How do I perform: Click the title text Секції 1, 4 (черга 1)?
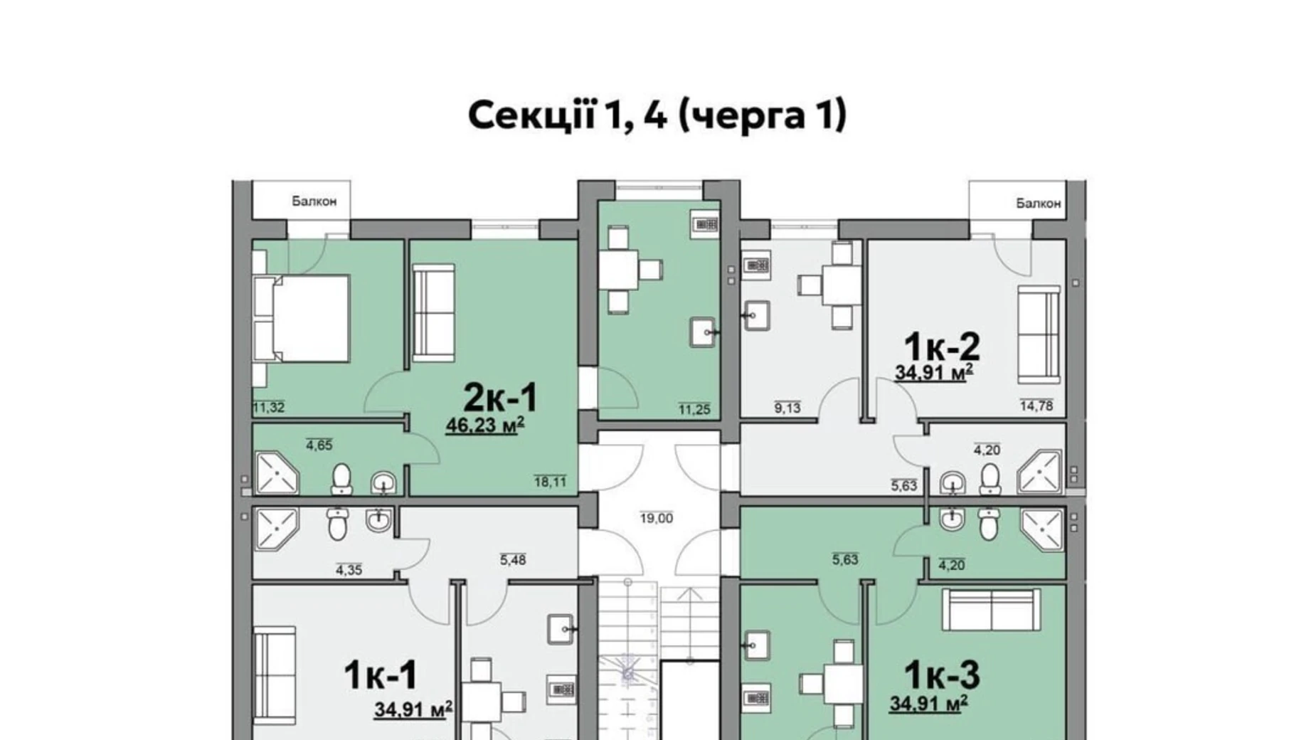(657, 115)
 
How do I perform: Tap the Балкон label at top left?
(314, 201)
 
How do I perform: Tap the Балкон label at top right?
(1038, 203)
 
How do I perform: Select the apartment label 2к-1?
(500, 397)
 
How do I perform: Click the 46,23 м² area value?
(485, 425)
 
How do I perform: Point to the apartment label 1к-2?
(942, 347)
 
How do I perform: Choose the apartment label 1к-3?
(942, 675)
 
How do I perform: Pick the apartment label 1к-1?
(380, 675)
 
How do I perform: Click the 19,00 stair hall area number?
(656, 518)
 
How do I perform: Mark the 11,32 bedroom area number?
(269, 407)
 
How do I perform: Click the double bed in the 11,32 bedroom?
(302, 319)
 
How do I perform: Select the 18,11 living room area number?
(550, 482)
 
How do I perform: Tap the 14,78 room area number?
(1036, 406)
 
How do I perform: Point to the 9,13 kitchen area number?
(787, 408)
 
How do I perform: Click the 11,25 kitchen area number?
(694, 409)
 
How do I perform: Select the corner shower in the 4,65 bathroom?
(277, 472)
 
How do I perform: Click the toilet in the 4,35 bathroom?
(337, 524)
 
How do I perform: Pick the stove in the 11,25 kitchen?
(704, 224)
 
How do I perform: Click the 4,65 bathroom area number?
(319, 445)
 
